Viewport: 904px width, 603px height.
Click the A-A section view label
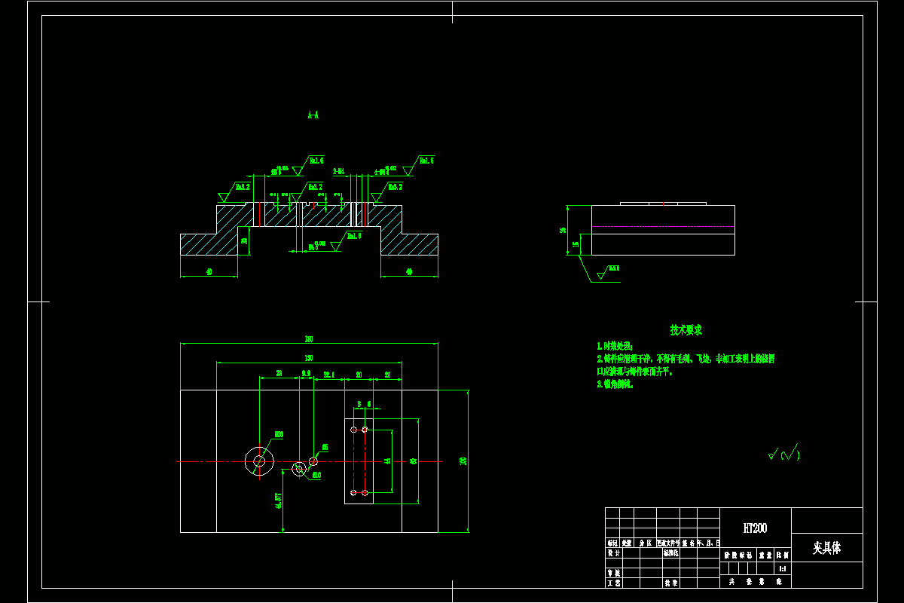click(313, 115)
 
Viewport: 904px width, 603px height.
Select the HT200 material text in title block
click(755, 528)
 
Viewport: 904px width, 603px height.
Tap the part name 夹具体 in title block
click(826, 548)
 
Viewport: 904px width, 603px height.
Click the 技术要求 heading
click(686, 330)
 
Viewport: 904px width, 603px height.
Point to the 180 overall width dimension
click(309, 338)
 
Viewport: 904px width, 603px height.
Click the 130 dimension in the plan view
click(309, 357)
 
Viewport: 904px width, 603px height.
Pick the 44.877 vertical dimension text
click(279, 501)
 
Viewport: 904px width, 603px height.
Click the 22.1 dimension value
click(329, 374)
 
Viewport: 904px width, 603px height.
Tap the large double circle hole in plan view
click(259, 461)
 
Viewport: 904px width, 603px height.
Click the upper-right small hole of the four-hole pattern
click(365, 430)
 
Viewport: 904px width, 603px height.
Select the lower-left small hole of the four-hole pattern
click(353, 493)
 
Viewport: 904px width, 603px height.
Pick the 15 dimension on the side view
click(576, 244)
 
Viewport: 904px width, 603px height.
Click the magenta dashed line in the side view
click(663, 226)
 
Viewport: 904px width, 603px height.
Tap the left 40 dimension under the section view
click(209, 271)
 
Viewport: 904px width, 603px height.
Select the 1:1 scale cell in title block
click(783, 568)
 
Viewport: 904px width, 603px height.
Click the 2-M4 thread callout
click(339, 172)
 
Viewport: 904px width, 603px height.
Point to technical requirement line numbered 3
click(615, 384)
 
